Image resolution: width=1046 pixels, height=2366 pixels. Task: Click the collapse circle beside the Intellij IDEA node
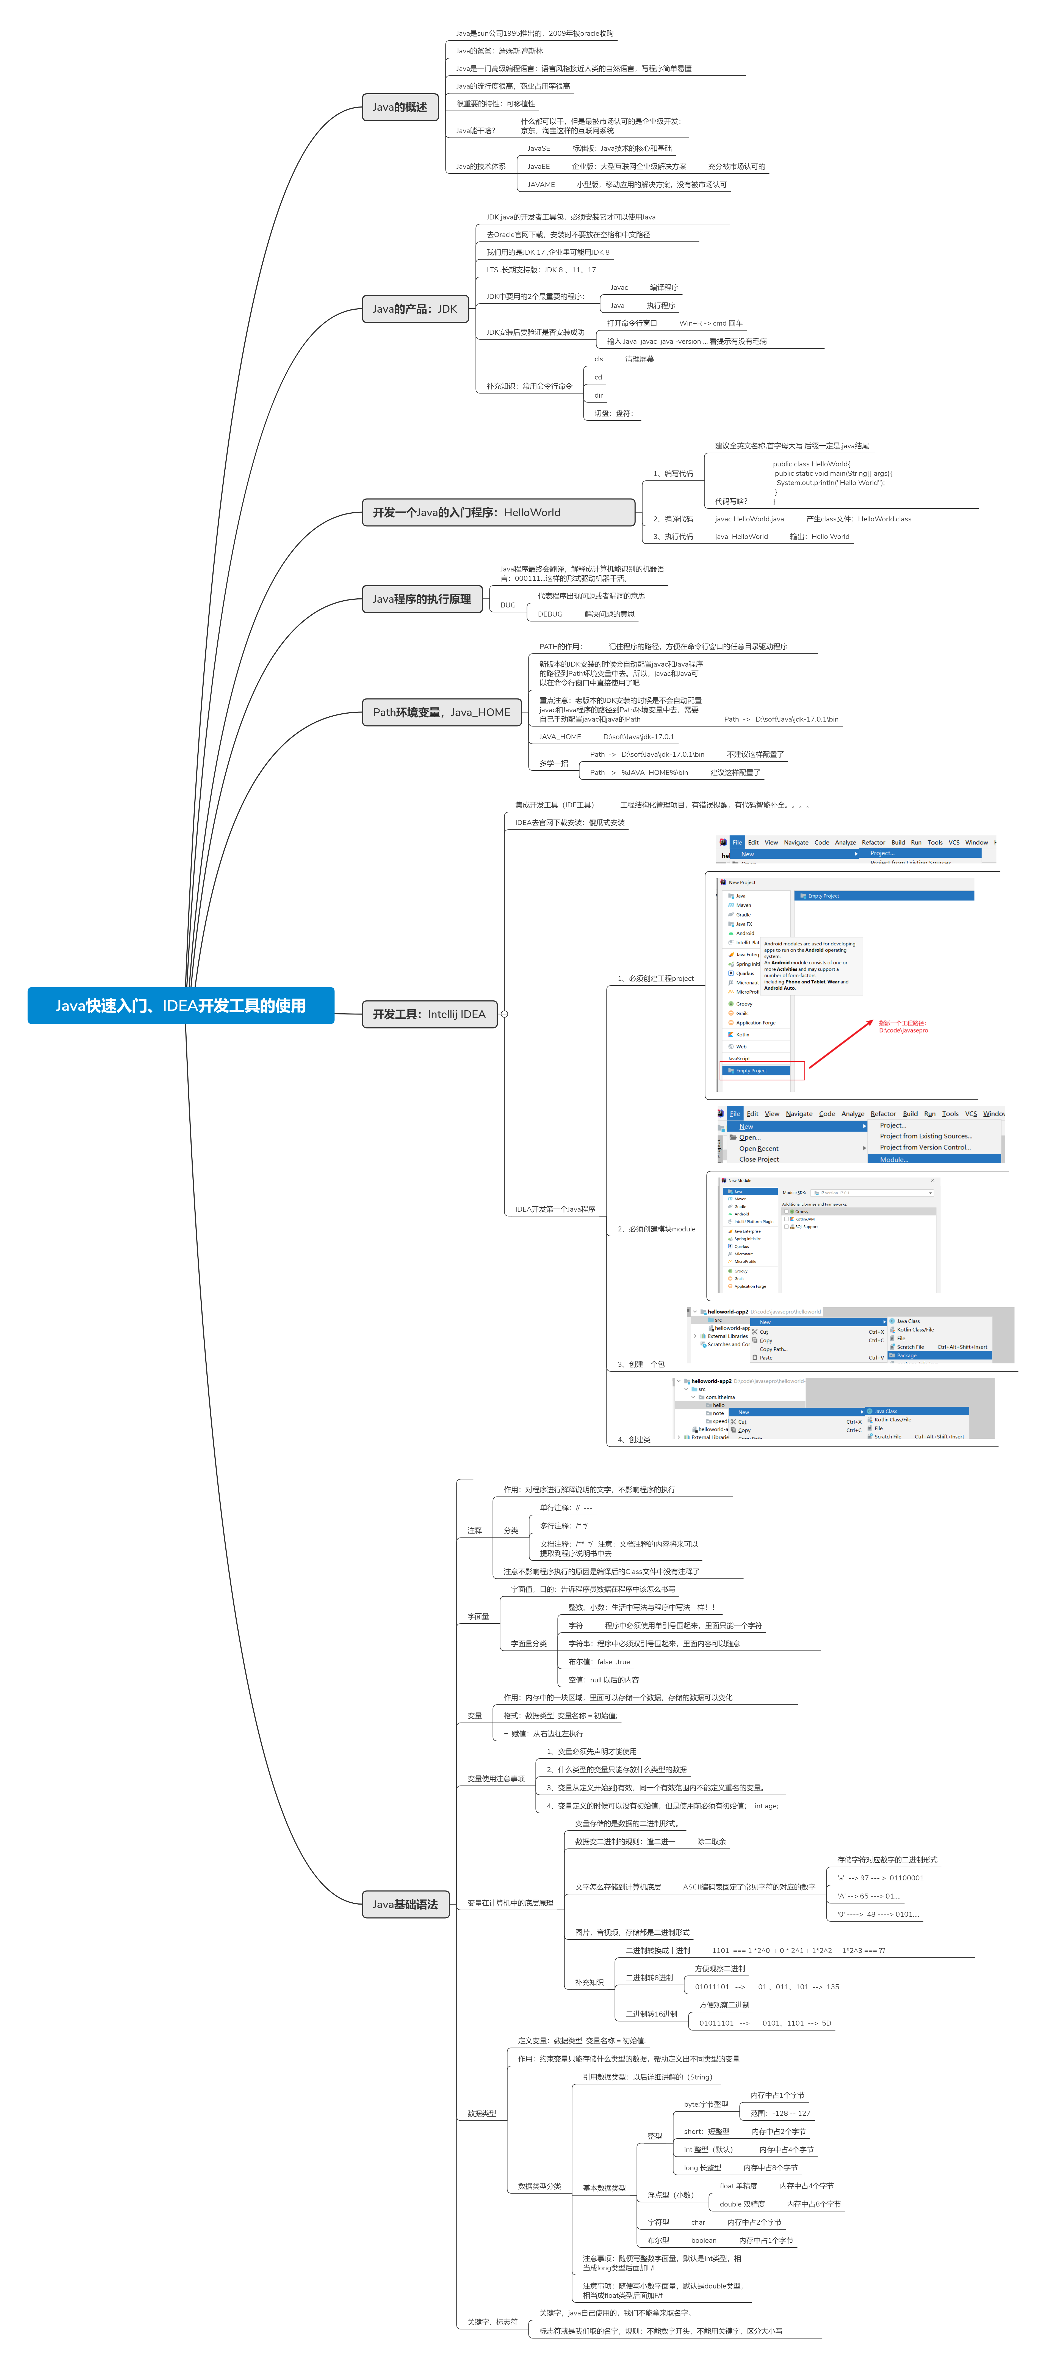(x=504, y=1014)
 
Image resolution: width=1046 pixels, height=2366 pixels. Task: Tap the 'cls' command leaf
(x=599, y=359)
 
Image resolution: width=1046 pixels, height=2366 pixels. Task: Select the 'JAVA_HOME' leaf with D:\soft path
(x=560, y=737)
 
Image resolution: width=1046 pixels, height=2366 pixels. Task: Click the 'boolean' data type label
(x=704, y=2240)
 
